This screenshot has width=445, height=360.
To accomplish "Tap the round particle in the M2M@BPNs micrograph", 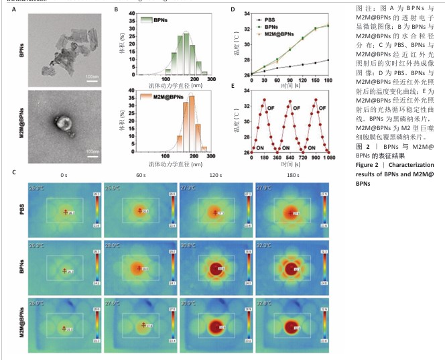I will [x=66, y=123].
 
